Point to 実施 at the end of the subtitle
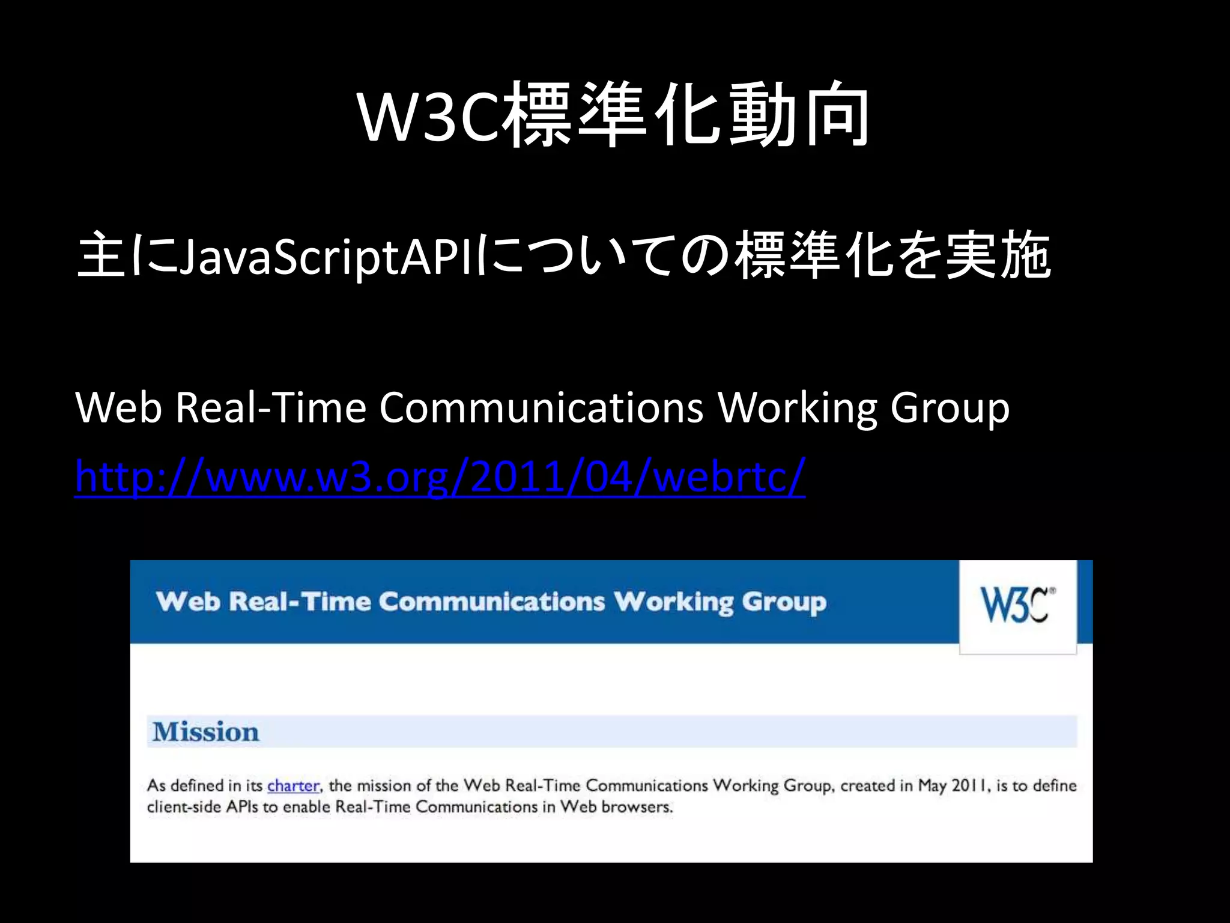[x=998, y=256]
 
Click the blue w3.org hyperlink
[x=440, y=477]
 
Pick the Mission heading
[x=206, y=732]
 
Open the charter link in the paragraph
[x=293, y=785]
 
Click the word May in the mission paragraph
[x=932, y=785]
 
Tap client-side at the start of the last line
[x=184, y=806]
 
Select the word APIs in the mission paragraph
[x=243, y=806]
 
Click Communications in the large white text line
[x=541, y=407]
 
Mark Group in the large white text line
[x=950, y=409]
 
